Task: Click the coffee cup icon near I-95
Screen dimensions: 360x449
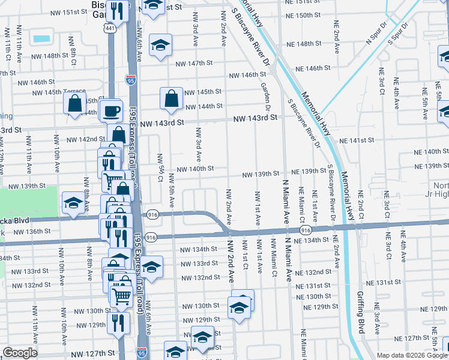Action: (111, 110)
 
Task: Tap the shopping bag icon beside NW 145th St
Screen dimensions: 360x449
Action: (172, 98)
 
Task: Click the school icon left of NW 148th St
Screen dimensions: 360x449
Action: (160, 45)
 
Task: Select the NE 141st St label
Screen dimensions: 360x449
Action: (356, 140)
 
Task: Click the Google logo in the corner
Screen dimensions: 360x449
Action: (20, 352)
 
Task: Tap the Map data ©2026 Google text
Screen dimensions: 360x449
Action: (412, 355)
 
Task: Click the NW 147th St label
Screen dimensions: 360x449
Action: (195, 63)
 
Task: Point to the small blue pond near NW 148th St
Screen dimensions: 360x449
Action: (42, 39)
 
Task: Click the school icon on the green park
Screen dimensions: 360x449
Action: (73, 203)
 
